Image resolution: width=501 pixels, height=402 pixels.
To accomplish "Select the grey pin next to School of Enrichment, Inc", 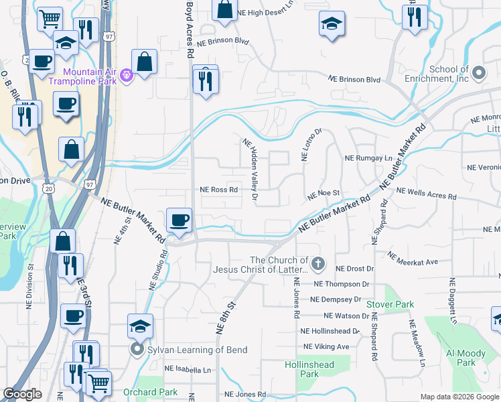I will (x=478, y=73).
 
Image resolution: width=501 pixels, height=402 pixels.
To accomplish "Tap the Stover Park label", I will (x=390, y=304).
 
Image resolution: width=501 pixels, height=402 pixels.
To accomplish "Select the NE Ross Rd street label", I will (x=220, y=190).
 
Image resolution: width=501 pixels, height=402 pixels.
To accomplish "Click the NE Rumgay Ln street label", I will (x=368, y=159).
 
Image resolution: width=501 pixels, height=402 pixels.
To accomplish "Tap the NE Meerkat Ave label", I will (x=413, y=258).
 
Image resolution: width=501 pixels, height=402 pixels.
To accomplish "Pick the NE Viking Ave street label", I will (x=326, y=346).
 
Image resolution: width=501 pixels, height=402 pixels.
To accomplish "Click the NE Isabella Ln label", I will (x=188, y=369).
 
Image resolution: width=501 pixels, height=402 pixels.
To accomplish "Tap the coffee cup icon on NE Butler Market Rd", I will (x=179, y=220).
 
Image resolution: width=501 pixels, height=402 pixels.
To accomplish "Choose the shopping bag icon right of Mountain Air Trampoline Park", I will (x=144, y=62).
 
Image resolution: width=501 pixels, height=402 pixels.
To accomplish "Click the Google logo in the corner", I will (x=22, y=394).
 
